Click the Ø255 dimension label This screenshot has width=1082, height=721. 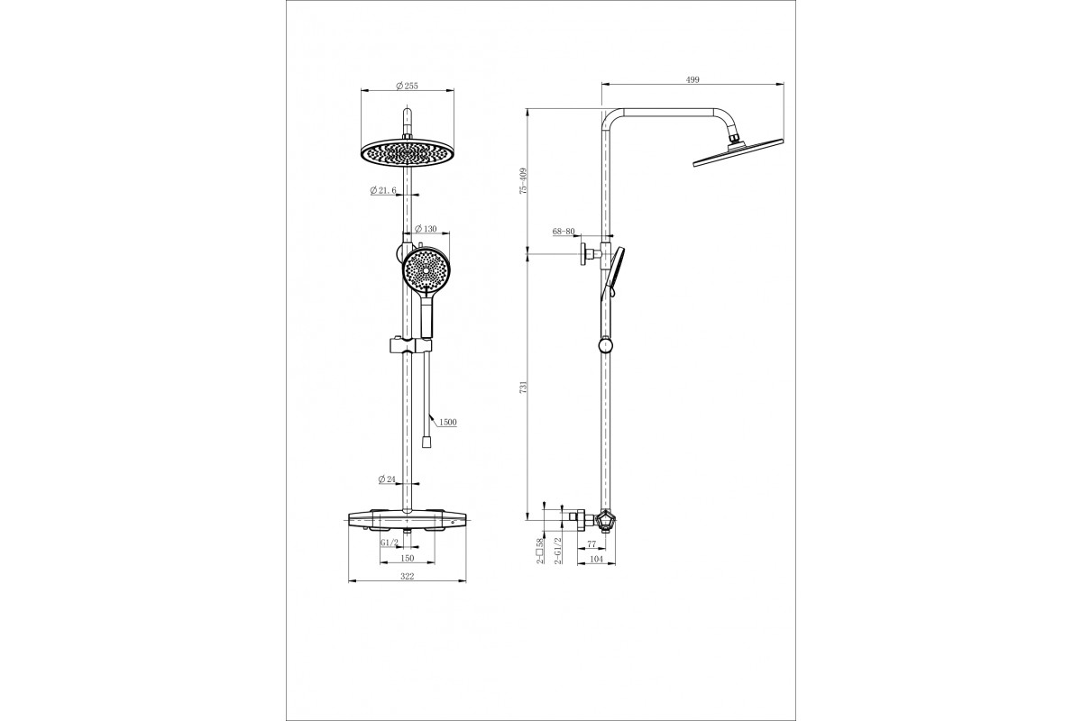[x=407, y=86]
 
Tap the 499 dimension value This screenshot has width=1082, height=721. [x=692, y=79]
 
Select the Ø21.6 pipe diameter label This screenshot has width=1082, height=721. [x=383, y=190]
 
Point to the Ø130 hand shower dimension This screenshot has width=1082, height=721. [x=426, y=228]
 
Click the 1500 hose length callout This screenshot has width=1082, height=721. [x=448, y=423]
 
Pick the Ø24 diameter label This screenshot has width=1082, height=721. [x=387, y=479]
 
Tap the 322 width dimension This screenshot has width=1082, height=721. [x=408, y=576]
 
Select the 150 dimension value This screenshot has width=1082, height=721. [x=408, y=558]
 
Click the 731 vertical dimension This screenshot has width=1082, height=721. [x=523, y=388]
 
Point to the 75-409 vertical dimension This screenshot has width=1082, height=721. [x=523, y=180]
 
